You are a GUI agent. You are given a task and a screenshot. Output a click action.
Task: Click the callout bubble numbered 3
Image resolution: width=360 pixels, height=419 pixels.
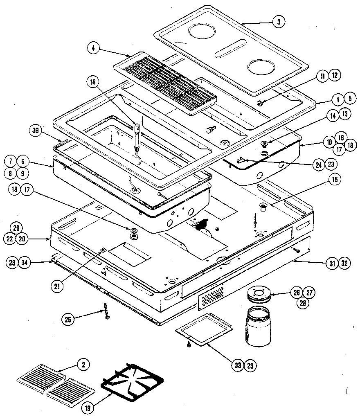click(x=278, y=22)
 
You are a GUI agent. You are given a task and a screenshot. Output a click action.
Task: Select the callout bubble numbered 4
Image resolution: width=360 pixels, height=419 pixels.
click(x=93, y=48)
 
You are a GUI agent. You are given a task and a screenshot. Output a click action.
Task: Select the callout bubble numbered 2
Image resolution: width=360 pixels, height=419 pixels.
click(x=83, y=364)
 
